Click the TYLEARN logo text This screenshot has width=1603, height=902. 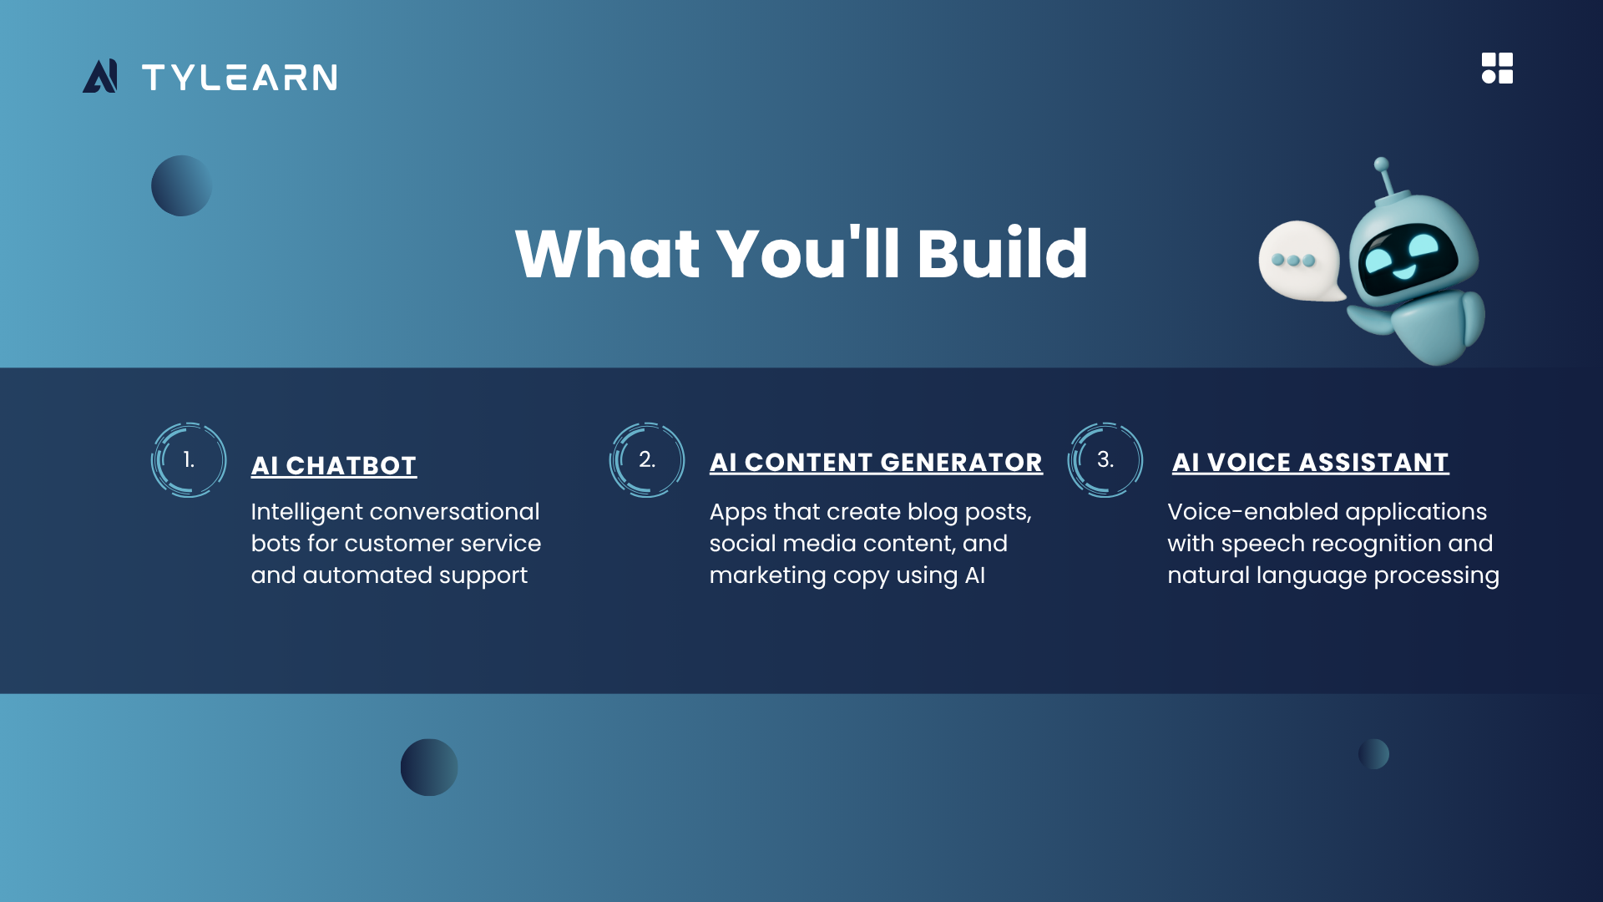tap(240, 78)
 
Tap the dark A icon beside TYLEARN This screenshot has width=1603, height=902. tap(100, 76)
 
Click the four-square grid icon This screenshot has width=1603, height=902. tap(1497, 68)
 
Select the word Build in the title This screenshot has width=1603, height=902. tap(1003, 253)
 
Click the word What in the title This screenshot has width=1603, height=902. tap(608, 253)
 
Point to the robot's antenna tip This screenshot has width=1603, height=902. tap(1382, 164)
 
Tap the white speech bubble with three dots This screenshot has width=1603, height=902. tap(1301, 261)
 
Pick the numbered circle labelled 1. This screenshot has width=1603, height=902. tap(189, 460)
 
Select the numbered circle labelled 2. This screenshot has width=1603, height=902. tap(647, 460)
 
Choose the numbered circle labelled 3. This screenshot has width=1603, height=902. tap(1105, 460)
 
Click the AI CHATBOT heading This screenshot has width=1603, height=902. tap(334, 466)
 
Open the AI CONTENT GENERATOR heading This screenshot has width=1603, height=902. tap(876, 463)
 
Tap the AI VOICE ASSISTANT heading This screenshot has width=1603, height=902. tap(1311, 463)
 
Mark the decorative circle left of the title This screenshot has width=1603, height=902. tap(181, 185)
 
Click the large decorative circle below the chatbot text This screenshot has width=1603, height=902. tap(429, 768)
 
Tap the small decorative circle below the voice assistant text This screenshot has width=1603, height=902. tap(1373, 754)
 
